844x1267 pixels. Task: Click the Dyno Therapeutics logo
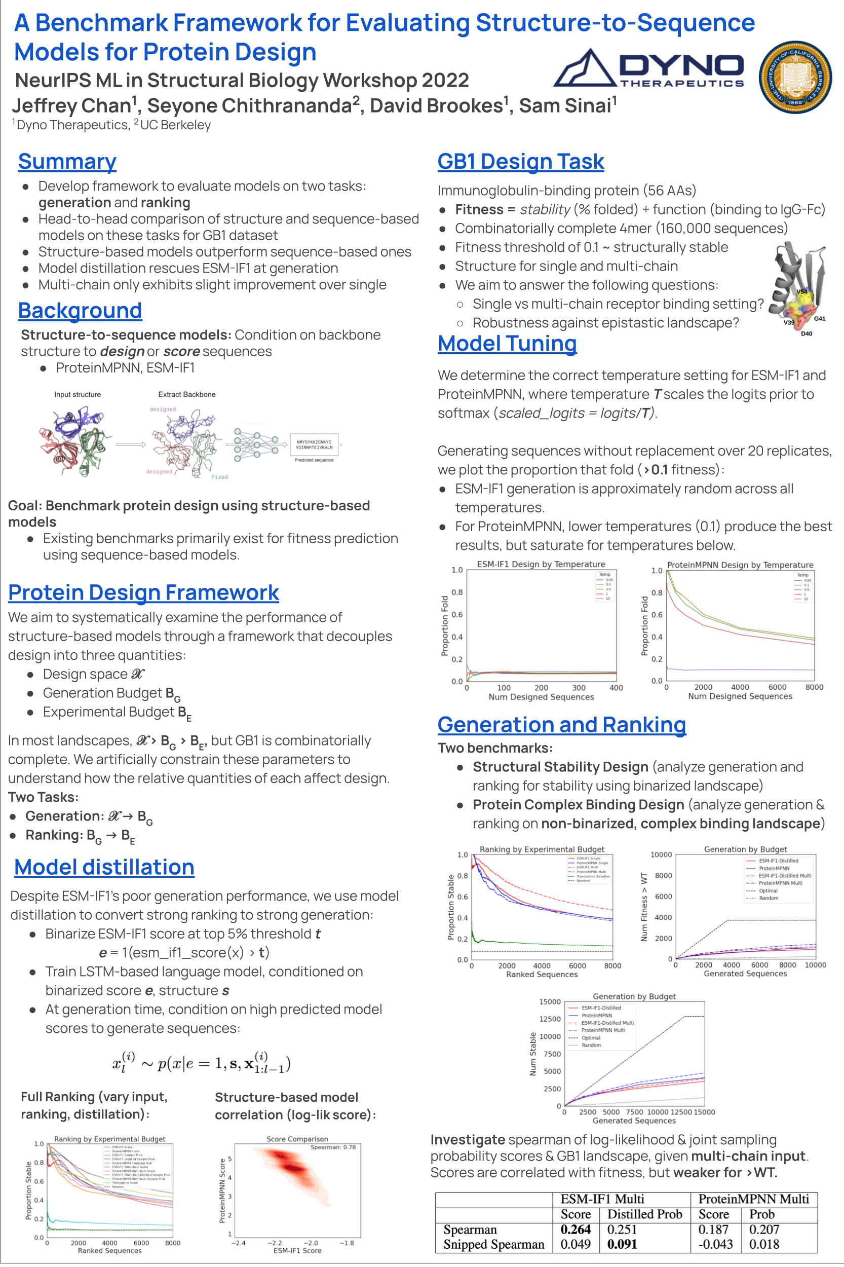(x=648, y=69)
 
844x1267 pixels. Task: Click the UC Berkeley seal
(x=794, y=78)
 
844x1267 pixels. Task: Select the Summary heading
(x=67, y=162)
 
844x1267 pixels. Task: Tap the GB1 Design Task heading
(x=520, y=162)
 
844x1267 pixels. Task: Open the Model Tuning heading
(x=507, y=344)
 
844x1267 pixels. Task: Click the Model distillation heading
(x=104, y=867)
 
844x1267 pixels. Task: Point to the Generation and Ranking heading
(x=561, y=725)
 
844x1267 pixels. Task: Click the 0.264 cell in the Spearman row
(x=575, y=1229)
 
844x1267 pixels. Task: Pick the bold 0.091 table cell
(x=622, y=1244)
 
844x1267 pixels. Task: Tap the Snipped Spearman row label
(x=493, y=1244)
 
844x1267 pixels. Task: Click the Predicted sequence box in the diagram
(x=314, y=445)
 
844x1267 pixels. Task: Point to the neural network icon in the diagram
(x=256, y=444)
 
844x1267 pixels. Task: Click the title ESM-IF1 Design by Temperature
(x=541, y=564)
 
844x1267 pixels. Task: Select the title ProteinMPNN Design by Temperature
(x=740, y=565)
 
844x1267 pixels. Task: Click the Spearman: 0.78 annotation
(x=333, y=1147)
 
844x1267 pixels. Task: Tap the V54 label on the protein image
(x=802, y=292)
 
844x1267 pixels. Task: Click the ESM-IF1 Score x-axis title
(x=297, y=1250)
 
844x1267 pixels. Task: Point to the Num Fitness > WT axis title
(x=644, y=907)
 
